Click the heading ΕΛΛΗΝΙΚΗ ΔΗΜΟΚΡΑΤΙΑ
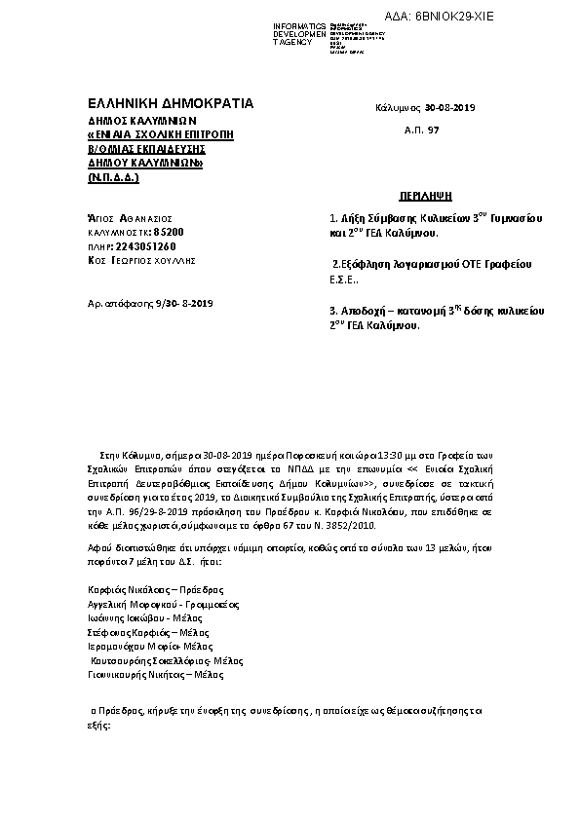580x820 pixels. coord(171,102)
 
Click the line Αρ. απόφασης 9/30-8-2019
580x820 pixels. coord(150,305)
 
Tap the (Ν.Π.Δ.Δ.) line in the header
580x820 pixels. coord(113,179)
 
